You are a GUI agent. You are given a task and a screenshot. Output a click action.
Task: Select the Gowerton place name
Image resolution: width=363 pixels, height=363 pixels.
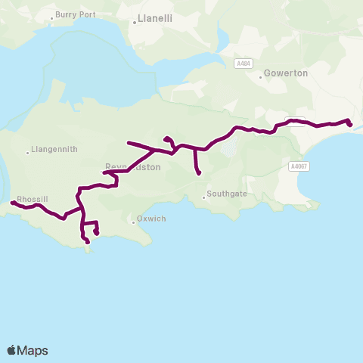click(287, 74)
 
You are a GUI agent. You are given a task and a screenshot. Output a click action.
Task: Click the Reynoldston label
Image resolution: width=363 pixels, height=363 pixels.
click(133, 167)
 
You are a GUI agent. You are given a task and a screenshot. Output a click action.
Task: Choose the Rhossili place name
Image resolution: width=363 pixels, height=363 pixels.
click(33, 198)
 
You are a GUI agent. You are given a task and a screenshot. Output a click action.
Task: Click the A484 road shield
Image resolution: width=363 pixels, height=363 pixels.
click(243, 64)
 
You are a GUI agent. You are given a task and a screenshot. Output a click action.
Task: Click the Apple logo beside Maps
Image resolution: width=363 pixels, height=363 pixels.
click(12, 350)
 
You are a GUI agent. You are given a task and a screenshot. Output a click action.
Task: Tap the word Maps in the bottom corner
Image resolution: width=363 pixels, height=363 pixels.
click(33, 350)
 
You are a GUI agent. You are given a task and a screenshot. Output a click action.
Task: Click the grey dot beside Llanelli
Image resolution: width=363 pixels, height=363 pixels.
click(135, 23)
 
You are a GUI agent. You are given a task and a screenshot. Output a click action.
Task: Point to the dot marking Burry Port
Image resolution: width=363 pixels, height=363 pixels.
click(52, 17)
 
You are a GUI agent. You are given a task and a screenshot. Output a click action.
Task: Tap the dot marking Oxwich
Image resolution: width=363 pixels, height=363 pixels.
click(132, 221)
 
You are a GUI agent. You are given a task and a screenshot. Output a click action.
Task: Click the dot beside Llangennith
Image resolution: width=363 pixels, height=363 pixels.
click(28, 150)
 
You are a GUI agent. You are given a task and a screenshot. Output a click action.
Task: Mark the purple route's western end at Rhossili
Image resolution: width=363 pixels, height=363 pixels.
click(12, 203)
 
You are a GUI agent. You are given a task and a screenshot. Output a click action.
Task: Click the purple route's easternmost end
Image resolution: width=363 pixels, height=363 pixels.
click(349, 125)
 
